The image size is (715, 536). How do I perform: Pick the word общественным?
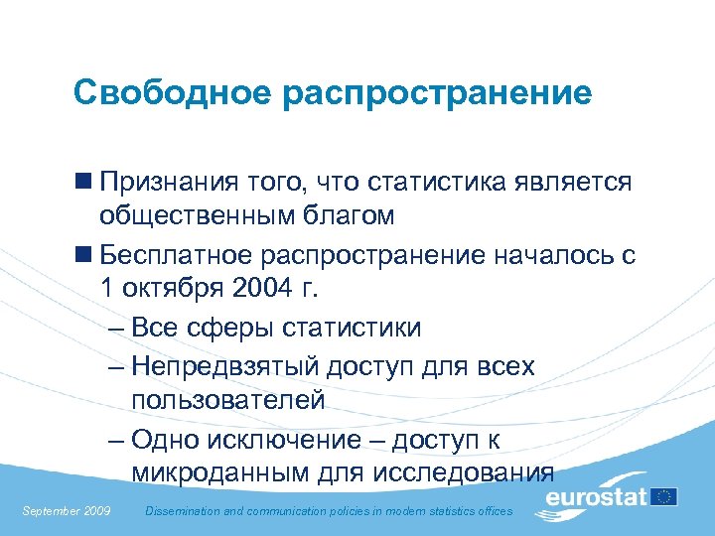(196, 216)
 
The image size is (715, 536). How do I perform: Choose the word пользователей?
(227, 400)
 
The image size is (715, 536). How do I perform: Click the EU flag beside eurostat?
(664, 495)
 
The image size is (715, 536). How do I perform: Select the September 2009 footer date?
(67, 511)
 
